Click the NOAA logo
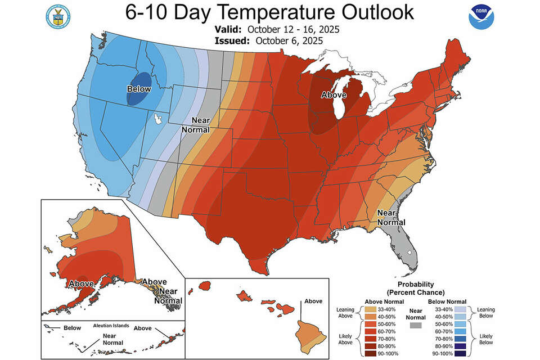(x=481, y=16)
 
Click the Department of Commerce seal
(x=58, y=16)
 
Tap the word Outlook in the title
(x=378, y=12)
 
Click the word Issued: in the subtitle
(x=232, y=41)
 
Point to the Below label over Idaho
(x=139, y=89)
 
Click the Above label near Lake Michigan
(x=334, y=94)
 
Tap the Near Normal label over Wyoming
(x=196, y=125)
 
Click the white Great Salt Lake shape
(x=158, y=119)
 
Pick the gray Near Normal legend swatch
(x=416, y=325)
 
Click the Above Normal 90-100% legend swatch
(x=371, y=353)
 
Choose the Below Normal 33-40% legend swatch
(x=461, y=309)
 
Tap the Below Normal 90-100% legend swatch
(x=461, y=353)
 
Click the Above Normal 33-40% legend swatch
(x=371, y=309)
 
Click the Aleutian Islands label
(x=111, y=326)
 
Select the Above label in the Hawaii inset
(x=313, y=301)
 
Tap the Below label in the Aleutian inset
(x=73, y=327)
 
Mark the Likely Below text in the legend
(x=486, y=339)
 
